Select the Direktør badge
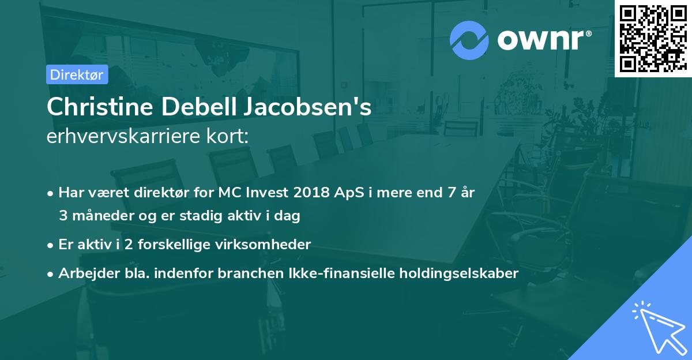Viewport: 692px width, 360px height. [x=77, y=74]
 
